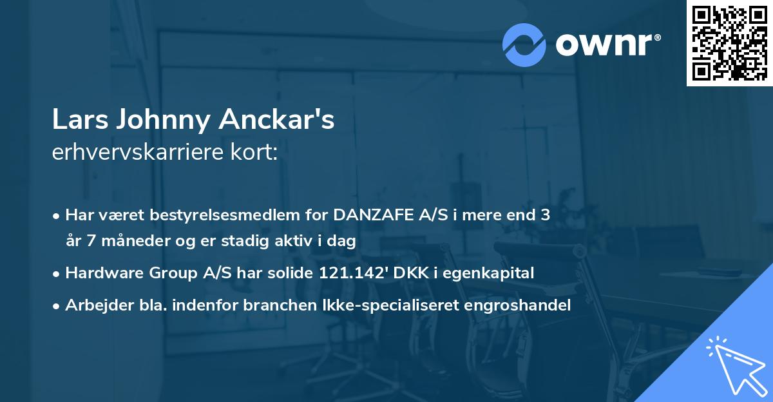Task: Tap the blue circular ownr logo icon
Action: point(524,45)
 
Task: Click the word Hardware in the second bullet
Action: point(97,273)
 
